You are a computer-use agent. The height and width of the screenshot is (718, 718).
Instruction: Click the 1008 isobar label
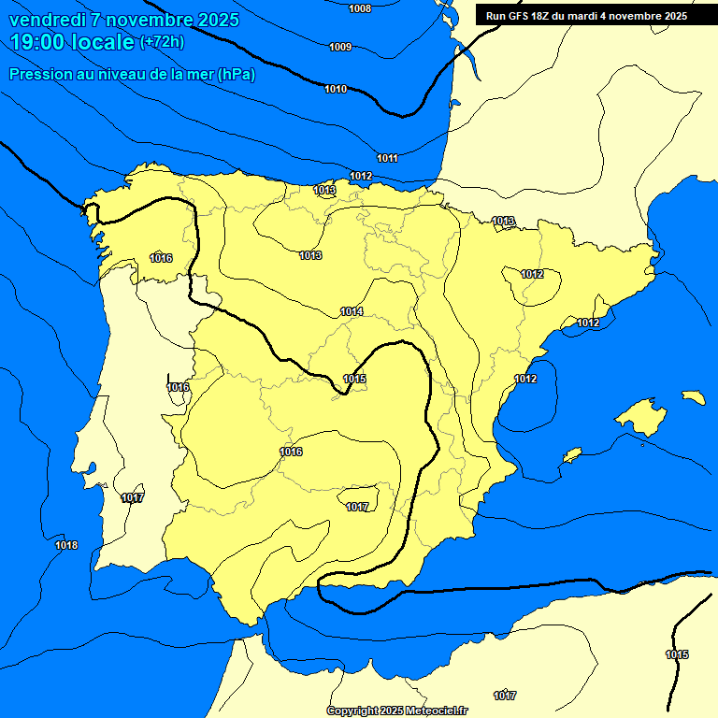(x=359, y=8)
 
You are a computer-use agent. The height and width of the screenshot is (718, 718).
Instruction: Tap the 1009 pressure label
(x=340, y=47)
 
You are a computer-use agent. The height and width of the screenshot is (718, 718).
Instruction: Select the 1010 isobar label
(x=336, y=89)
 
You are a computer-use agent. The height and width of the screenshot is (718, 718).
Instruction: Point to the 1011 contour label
(x=387, y=158)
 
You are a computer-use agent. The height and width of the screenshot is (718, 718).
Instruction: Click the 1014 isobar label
(x=352, y=311)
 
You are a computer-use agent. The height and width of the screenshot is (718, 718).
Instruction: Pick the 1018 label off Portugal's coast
(x=66, y=545)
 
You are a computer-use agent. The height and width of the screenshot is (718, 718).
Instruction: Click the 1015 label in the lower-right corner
(x=677, y=654)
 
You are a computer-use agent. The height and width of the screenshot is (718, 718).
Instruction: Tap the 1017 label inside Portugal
(x=132, y=498)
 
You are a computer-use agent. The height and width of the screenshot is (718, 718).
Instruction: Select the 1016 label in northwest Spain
(x=161, y=258)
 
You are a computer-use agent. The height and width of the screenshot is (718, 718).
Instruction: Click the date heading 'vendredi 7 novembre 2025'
(x=124, y=20)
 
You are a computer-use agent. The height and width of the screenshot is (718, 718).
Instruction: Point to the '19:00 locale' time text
(x=72, y=42)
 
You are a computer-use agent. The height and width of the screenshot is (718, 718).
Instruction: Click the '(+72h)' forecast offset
(x=162, y=42)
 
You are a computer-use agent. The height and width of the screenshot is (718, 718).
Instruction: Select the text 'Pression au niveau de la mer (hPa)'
(x=133, y=74)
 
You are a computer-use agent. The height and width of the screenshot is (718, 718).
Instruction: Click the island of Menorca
(x=693, y=397)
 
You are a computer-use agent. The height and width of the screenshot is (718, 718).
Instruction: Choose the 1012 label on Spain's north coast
(x=361, y=176)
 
